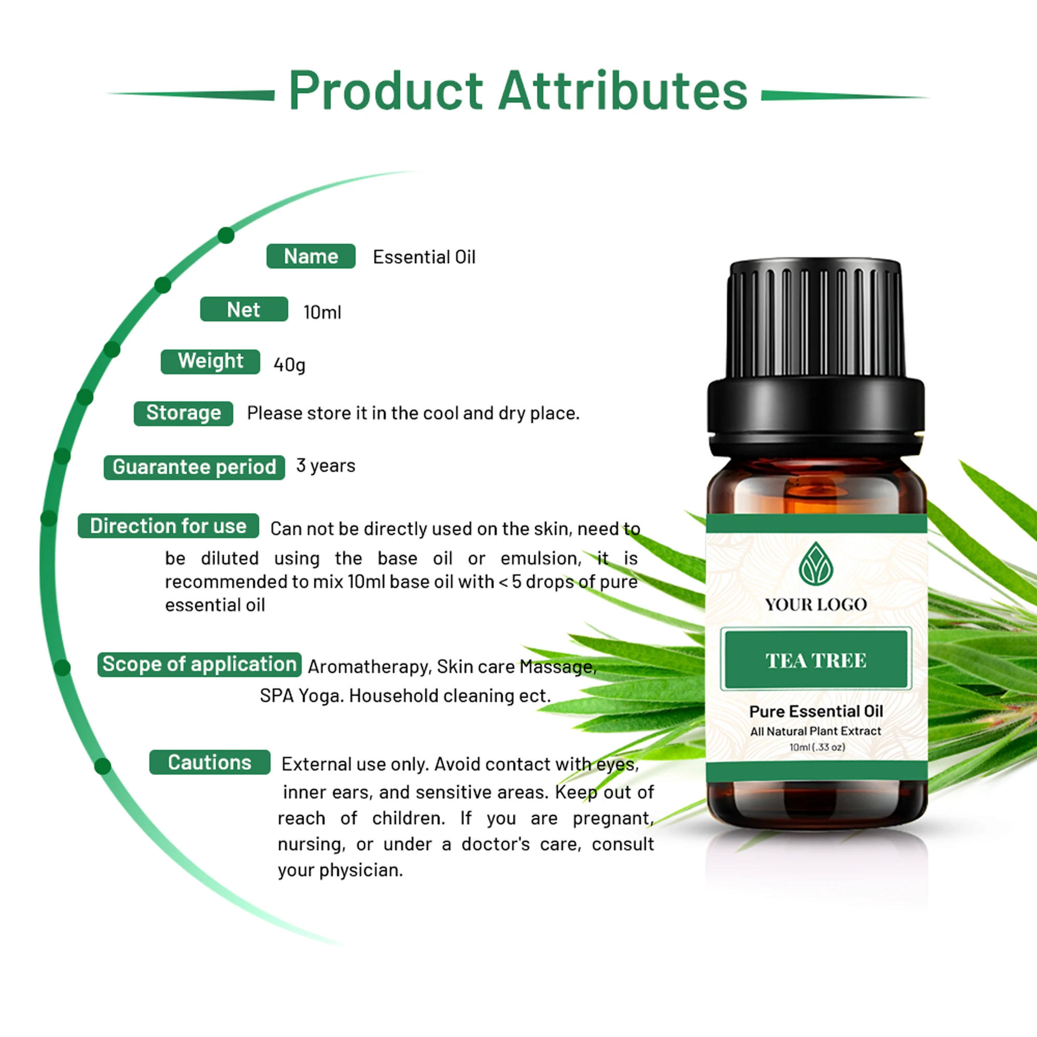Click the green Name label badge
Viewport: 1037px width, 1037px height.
[311, 256]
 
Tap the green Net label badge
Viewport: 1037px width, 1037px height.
[244, 309]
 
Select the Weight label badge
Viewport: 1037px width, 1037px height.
[211, 361]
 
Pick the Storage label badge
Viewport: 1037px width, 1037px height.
[184, 413]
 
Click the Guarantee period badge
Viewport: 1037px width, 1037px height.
[194, 467]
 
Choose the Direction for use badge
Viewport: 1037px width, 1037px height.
[168, 526]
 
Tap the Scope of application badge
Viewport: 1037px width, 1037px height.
[199, 665]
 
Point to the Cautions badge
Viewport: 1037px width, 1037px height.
[209, 762]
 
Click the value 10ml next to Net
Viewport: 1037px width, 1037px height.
[322, 312]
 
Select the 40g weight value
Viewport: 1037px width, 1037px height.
[289, 365]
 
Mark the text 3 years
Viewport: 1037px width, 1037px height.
[326, 466]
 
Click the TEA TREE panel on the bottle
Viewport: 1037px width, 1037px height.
[816, 660]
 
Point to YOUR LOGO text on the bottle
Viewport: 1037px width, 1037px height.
[816, 605]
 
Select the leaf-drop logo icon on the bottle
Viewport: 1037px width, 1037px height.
[816, 564]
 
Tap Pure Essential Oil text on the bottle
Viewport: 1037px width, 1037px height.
[816, 712]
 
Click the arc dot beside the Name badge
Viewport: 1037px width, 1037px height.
[226, 235]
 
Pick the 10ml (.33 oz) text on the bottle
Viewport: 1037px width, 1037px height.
[817, 747]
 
